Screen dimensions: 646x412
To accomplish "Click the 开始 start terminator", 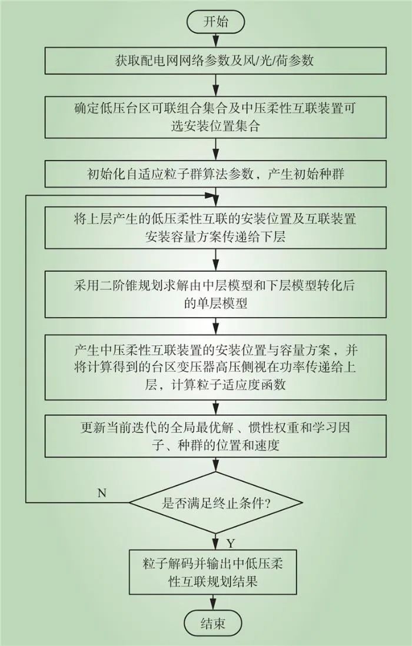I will pyautogui.click(x=215, y=23).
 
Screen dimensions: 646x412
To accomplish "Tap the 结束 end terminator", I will pyautogui.click(x=216, y=623).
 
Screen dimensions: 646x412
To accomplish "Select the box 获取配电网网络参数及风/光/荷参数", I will pyautogui.click(x=215, y=61).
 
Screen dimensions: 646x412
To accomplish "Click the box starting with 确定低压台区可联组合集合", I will pyautogui.click(x=215, y=117).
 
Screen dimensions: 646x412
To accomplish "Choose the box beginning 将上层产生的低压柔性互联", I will pyautogui.click(x=215, y=228).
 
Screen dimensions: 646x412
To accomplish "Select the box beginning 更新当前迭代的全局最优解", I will pyautogui.click(x=215, y=437).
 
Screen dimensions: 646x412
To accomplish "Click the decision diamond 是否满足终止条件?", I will pyautogui.click(x=215, y=502).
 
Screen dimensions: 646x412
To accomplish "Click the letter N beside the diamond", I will pyautogui.click(x=101, y=493).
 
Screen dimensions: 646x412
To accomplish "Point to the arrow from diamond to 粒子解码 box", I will pyautogui.click(x=215, y=540).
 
